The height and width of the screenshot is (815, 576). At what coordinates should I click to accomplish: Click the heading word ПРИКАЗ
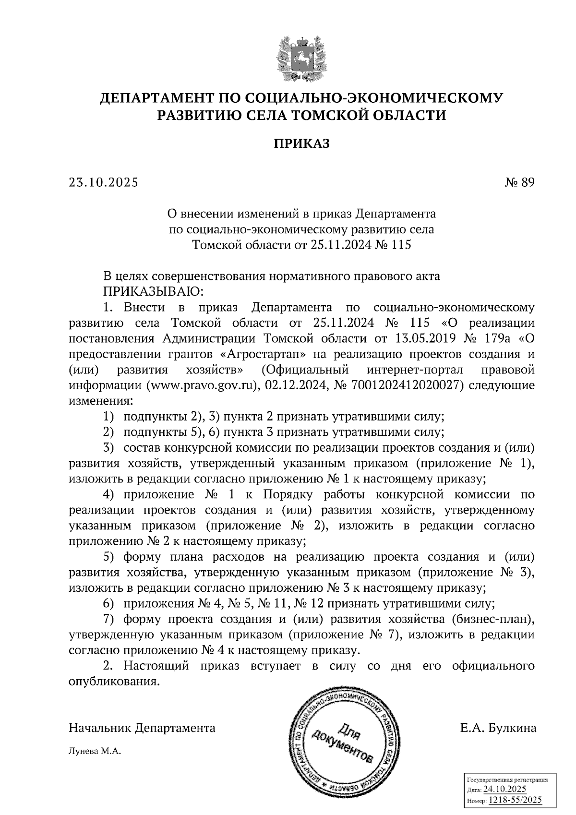(302, 144)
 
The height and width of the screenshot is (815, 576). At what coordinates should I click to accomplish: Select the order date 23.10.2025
(103, 182)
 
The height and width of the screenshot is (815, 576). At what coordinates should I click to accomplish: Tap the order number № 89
(519, 182)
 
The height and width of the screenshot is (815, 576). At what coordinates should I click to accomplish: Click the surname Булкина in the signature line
(512, 728)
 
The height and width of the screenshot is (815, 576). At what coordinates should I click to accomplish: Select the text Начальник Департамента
(142, 728)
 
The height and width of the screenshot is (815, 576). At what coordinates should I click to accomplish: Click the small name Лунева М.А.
(95, 752)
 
